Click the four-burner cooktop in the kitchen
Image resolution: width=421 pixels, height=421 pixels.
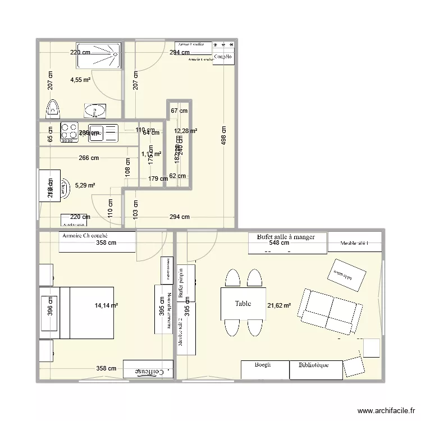tap(70, 132)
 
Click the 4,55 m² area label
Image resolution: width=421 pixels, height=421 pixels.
tap(80, 80)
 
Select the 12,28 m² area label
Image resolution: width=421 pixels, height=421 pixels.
tap(185, 131)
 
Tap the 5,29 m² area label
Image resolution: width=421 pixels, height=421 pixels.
tap(85, 185)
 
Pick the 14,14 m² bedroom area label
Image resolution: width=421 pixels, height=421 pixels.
tap(107, 305)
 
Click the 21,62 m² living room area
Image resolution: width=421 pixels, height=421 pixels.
tap(280, 305)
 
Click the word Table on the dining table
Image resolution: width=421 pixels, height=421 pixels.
tap(243, 304)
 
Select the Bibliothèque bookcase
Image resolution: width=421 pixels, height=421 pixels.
tap(313, 365)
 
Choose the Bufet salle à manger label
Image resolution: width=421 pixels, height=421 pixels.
tap(286, 237)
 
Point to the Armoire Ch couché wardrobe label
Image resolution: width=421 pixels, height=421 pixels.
tap(85, 236)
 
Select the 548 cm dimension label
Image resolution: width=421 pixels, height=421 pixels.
tap(278, 244)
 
